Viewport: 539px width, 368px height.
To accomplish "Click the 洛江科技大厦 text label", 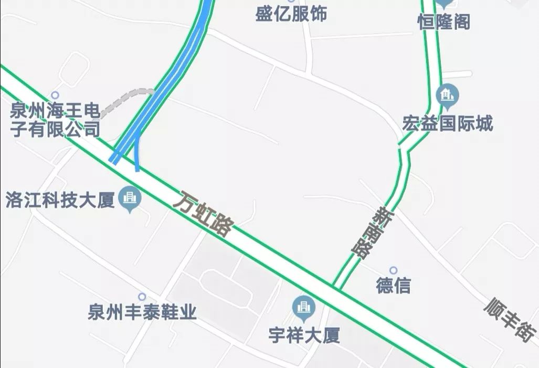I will point(60,200).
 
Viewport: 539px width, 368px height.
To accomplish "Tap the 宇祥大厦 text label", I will point(303,335).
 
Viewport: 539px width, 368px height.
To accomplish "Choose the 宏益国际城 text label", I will point(448,124).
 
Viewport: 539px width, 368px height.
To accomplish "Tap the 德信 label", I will point(393,286).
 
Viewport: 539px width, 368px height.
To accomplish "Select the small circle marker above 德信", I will point(393,271).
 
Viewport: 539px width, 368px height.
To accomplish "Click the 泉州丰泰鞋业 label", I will point(142,313).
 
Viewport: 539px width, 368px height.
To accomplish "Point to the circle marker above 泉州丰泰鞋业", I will point(142,297).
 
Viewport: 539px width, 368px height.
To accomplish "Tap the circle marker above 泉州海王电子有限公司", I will point(55,96).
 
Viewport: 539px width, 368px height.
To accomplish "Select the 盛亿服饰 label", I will point(291,14).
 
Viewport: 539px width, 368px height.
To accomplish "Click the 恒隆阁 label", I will point(443,22).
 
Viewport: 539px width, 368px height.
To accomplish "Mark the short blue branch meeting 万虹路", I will point(136,155).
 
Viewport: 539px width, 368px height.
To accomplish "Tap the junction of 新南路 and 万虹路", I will point(336,287).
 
